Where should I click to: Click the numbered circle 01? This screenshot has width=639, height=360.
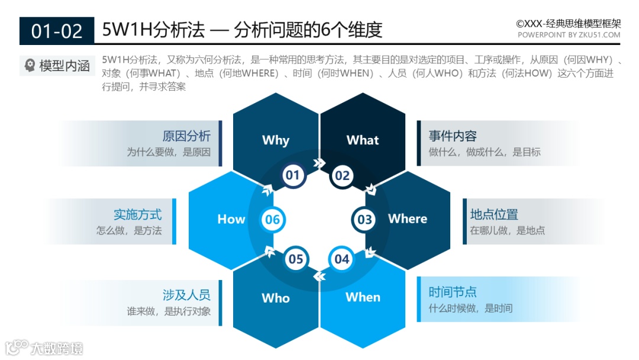tap(292, 175)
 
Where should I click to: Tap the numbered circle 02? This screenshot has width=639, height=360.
tap(343, 175)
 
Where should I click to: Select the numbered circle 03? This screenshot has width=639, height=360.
tap(364, 220)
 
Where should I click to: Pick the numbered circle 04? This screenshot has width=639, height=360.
tap(342, 259)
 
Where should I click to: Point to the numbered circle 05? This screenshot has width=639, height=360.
tap(295, 259)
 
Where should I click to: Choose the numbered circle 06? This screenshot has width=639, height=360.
tap(272, 220)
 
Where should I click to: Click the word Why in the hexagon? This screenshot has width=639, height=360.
tap(276, 140)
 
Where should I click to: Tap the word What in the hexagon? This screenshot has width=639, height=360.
tap(363, 140)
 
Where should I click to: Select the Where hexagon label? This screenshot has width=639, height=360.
tap(408, 218)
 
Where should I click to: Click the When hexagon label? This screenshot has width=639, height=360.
tap(363, 297)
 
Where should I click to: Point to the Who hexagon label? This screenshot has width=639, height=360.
tap(276, 298)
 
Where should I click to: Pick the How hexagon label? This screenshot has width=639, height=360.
tap(231, 219)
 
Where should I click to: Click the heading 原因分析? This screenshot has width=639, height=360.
tap(186, 136)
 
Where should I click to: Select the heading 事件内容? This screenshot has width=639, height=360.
tap(453, 136)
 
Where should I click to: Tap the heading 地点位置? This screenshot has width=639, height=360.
tap(494, 214)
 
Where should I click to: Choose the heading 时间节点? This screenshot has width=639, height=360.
tap(453, 292)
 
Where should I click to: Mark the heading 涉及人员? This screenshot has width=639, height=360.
tap(186, 295)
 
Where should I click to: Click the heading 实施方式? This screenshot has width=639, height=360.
tap(138, 214)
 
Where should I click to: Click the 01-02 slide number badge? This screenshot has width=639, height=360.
tap(57, 31)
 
